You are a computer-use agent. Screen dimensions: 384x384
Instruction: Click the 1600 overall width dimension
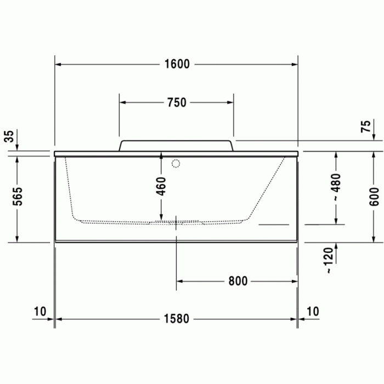(177, 64)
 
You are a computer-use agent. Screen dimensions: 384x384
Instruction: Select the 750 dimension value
(177, 103)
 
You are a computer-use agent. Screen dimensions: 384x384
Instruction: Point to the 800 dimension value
(238, 281)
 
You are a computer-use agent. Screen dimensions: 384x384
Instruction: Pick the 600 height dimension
(374, 196)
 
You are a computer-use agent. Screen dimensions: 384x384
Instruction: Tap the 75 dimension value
(365, 127)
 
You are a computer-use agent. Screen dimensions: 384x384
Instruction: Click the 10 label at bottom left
(39, 312)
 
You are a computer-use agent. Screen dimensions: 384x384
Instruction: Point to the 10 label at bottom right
(312, 312)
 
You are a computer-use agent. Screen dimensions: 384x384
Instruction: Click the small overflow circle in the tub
(176, 163)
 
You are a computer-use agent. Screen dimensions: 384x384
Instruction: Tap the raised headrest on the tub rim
(177, 145)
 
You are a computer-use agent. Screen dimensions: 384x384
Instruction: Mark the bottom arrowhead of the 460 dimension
(161, 218)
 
